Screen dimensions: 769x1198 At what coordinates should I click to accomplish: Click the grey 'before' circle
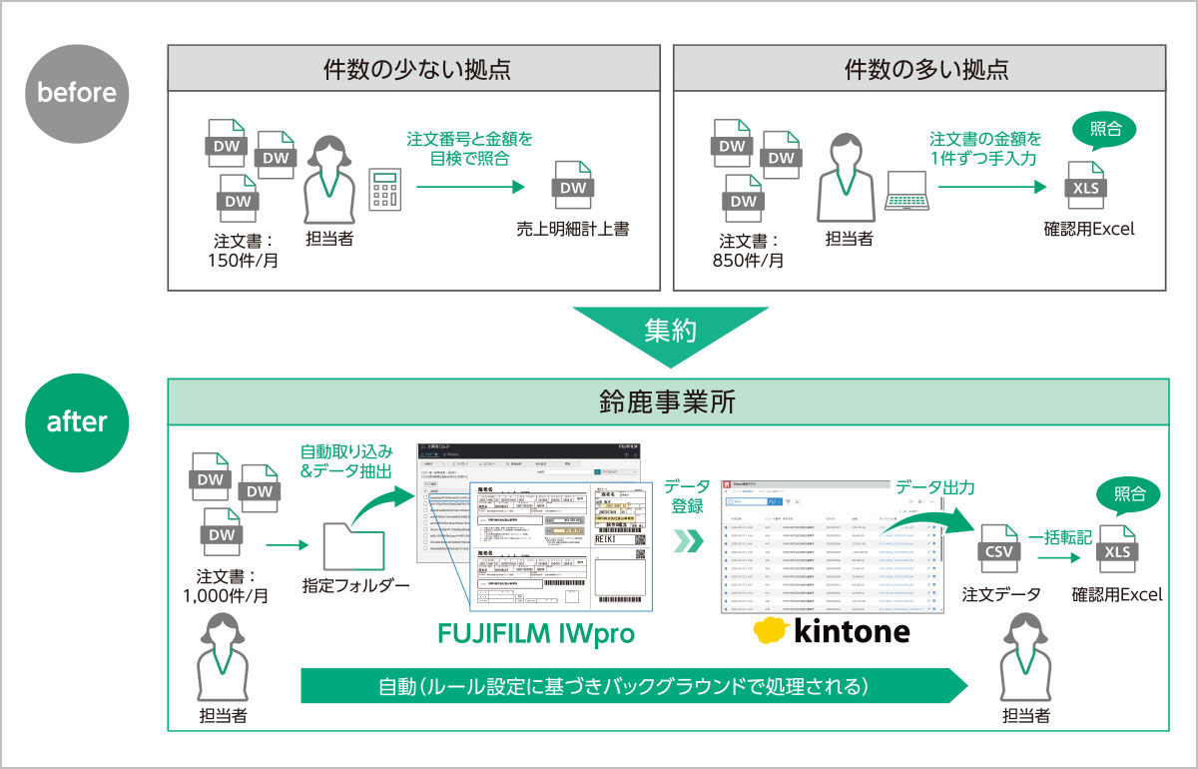tap(77, 92)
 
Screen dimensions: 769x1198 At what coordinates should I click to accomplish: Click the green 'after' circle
tap(77, 421)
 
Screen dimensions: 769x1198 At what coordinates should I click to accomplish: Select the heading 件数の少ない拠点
tap(416, 69)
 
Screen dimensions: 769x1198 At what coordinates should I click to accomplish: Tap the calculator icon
tap(385, 187)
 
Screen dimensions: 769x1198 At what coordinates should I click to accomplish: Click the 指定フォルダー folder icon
tap(353, 544)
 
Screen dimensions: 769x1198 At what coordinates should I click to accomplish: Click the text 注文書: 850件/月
tap(750, 251)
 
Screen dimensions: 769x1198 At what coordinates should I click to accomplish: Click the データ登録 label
tap(688, 496)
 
